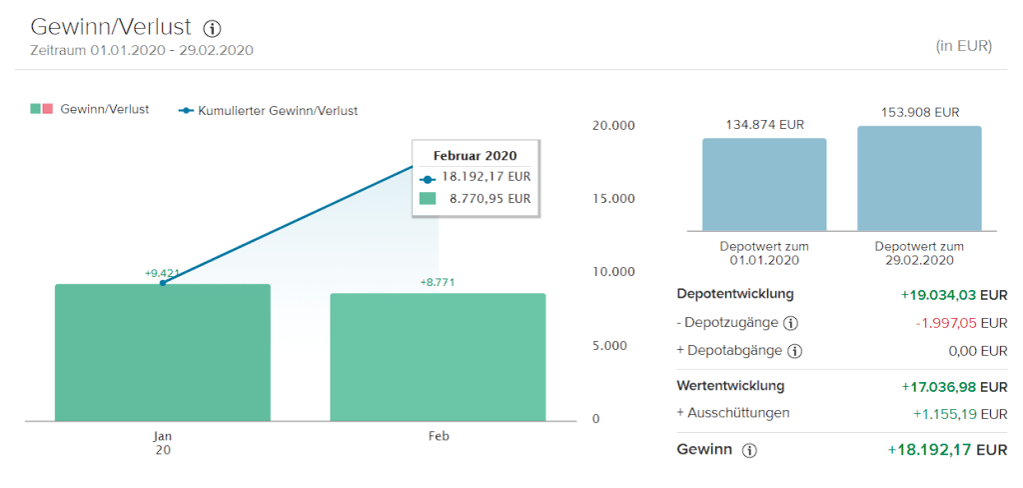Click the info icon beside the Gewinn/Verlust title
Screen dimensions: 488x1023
(x=212, y=28)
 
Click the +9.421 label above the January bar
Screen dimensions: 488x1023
(x=163, y=273)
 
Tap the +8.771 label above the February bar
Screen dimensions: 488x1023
(x=438, y=283)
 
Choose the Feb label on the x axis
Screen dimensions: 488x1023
(x=438, y=437)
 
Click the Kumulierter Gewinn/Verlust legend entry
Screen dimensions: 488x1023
(x=269, y=111)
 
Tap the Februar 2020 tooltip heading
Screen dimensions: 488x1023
(x=475, y=155)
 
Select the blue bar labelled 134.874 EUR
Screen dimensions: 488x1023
(x=764, y=184)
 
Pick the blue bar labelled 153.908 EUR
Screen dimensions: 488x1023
(x=919, y=178)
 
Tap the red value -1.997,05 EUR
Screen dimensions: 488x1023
(x=961, y=323)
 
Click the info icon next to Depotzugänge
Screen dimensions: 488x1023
(x=791, y=323)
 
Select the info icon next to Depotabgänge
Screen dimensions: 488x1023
(x=795, y=351)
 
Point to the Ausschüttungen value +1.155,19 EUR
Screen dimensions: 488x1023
(x=960, y=413)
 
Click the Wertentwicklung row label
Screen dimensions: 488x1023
(x=730, y=385)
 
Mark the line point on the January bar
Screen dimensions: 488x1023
(x=163, y=283)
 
